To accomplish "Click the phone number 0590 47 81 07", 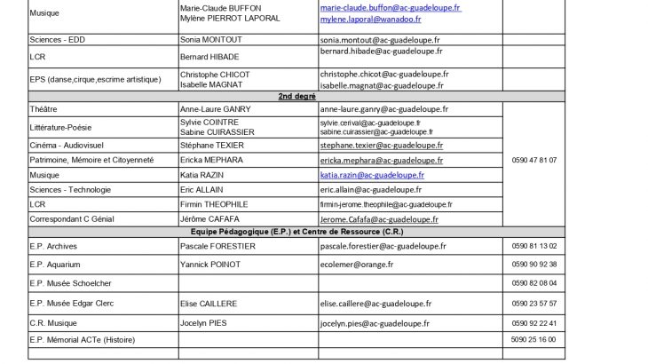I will [534, 160].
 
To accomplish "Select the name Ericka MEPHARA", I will [212, 160].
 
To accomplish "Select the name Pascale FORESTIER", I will [217, 246].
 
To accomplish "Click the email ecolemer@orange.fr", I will [356, 265].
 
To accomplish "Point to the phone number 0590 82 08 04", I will [534, 283].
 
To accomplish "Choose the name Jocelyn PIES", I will [205, 320].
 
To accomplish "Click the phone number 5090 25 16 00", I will [534, 340].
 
